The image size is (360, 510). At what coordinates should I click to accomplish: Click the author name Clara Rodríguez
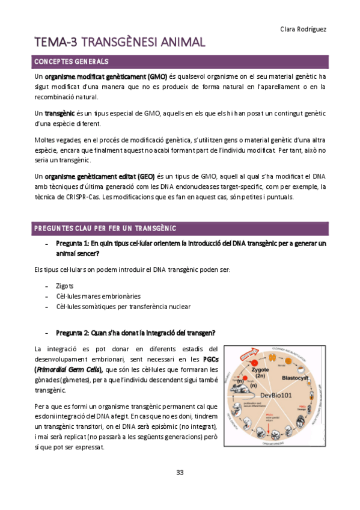point(303,29)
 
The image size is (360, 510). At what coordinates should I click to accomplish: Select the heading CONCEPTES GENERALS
point(72,62)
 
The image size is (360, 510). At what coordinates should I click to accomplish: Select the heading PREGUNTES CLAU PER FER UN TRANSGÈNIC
point(105,228)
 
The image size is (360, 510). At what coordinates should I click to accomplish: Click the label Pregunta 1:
point(73,244)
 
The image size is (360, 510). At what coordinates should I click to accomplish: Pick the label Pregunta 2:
point(73,333)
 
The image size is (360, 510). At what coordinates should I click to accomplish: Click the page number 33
point(180,472)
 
